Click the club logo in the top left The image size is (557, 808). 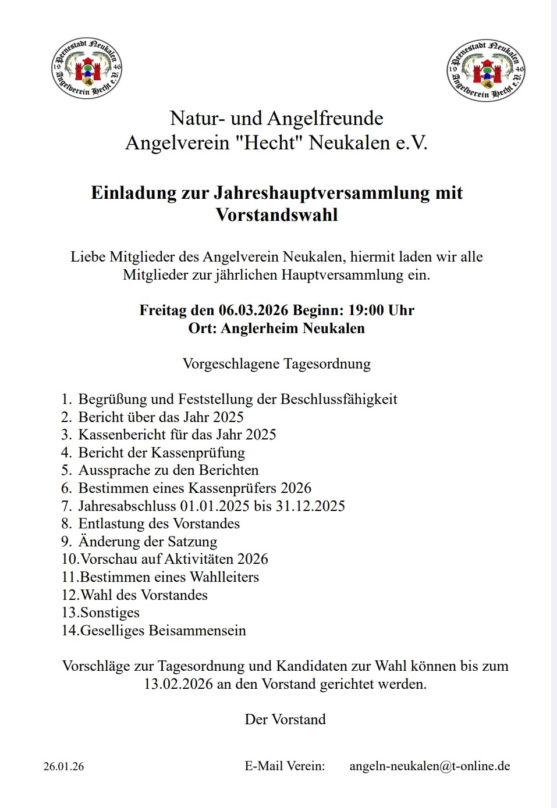tap(87, 69)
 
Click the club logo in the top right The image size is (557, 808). tap(486, 70)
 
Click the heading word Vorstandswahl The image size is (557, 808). tap(276, 215)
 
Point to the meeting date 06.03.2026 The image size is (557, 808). tap(253, 310)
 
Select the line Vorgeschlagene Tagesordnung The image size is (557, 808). tap(276, 364)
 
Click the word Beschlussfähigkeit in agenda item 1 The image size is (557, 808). tap(339, 399)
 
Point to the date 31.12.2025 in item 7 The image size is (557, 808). tap(310, 506)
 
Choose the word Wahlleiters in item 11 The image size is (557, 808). tap(224, 577)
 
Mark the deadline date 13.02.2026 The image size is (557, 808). tap(178, 684)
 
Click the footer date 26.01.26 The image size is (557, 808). tap(63, 767)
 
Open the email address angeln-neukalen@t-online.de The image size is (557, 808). tap(430, 766)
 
